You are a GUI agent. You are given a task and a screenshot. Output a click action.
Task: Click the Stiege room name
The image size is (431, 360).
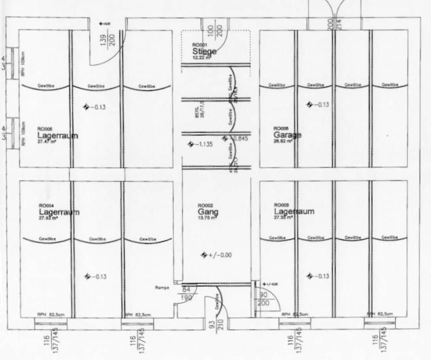204,51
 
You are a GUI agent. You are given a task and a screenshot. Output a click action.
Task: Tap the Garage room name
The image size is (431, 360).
287,135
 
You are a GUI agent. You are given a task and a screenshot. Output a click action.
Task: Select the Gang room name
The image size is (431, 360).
208,212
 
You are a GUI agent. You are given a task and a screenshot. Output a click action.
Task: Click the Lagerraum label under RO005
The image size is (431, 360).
57,136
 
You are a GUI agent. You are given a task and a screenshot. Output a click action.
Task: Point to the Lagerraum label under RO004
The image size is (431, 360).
59,212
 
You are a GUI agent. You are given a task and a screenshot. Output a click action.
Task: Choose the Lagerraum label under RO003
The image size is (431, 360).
294,211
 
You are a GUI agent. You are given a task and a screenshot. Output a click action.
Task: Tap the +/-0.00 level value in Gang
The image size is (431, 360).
220,255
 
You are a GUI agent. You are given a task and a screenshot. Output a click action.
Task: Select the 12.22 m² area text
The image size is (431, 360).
202,57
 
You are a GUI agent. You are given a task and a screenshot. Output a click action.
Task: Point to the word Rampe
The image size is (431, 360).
162,288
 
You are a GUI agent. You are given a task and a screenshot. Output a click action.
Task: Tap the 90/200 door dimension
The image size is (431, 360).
263,299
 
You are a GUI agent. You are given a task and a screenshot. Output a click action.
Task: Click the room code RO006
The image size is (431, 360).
281,128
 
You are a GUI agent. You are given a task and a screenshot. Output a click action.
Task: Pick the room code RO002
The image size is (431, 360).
205,205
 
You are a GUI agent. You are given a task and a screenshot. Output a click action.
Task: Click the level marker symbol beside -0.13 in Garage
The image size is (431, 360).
309,104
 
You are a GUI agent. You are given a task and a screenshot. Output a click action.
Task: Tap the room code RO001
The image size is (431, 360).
200,45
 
